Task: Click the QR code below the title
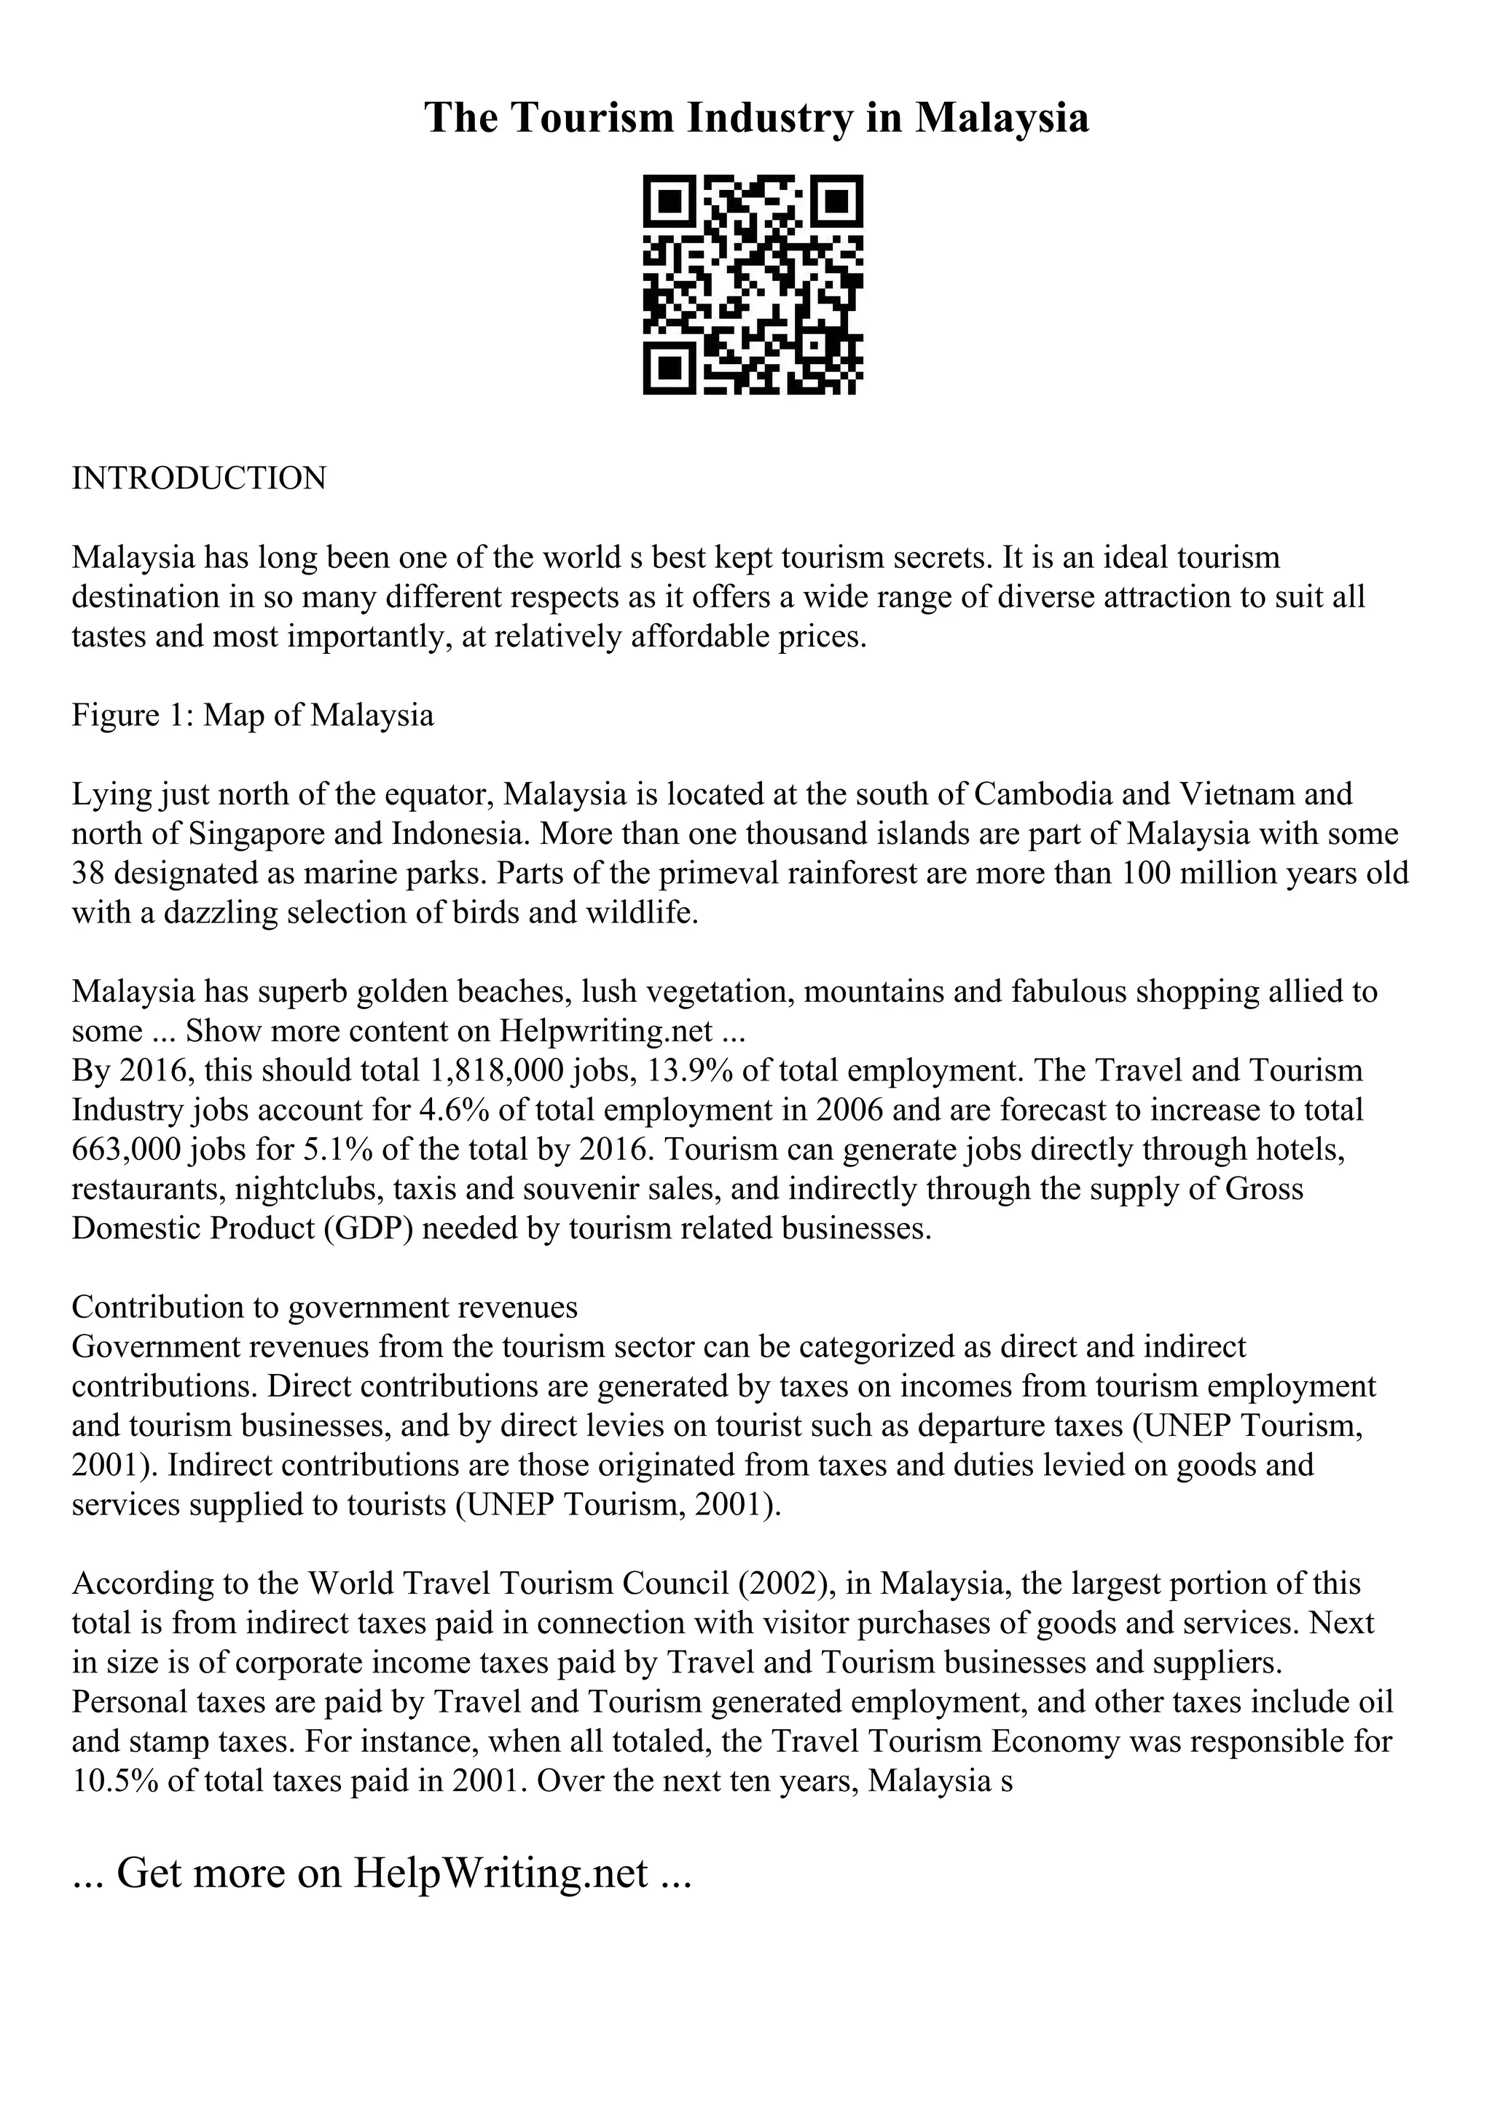752,284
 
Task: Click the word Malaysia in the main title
1001,118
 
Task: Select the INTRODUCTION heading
199,479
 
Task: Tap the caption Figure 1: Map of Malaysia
253,714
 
